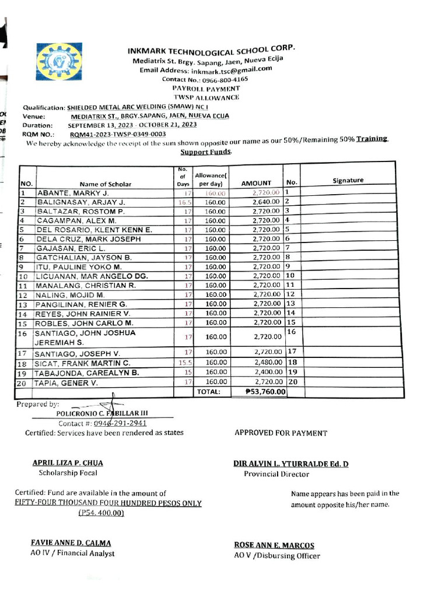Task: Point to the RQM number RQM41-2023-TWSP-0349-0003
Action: click(x=122, y=134)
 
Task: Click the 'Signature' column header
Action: click(x=348, y=181)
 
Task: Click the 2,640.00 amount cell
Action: click(x=267, y=202)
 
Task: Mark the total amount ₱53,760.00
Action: click(x=258, y=392)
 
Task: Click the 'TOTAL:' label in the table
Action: click(x=209, y=392)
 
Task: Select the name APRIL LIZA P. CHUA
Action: click(x=68, y=463)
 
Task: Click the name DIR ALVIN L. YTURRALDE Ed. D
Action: click(x=290, y=464)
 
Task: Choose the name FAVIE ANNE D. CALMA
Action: click(x=71, y=543)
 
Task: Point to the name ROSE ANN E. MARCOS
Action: click(x=274, y=546)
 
